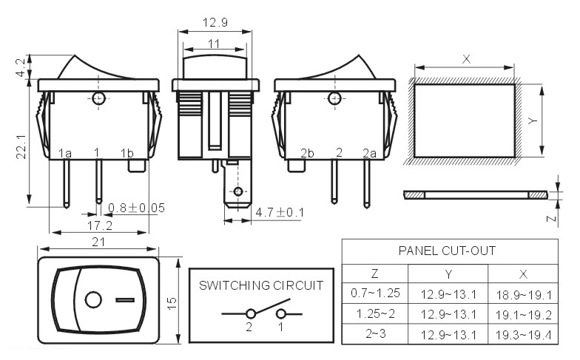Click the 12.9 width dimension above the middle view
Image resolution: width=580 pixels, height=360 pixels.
tap(215, 22)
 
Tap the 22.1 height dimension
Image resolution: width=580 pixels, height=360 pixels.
tap(21, 146)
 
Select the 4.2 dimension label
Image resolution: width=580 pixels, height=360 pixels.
tap(21, 67)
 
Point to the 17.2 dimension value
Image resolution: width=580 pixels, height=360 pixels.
tap(99, 225)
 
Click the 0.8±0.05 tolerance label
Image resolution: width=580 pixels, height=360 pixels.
tap(136, 208)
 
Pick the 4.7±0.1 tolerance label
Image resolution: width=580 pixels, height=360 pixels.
tap(280, 212)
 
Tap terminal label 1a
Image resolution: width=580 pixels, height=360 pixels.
tap(65, 153)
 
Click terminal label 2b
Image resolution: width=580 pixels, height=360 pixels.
tap(307, 153)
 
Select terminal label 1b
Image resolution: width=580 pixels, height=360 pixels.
tap(127, 153)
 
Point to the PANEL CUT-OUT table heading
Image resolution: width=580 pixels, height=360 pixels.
tap(447, 251)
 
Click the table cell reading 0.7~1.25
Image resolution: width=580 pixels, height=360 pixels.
tap(376, 293)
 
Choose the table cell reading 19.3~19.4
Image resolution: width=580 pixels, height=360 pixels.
tap(524, 336)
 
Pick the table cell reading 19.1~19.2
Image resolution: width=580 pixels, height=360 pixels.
tap(524, 315)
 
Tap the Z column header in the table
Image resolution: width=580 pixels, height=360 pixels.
tap(374, 274)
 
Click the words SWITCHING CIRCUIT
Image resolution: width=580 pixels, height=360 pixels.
tap(261, 285)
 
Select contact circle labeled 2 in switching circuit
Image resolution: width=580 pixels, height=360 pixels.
tap(251, 314)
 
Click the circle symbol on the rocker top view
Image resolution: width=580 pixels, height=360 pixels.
tap(93, 300)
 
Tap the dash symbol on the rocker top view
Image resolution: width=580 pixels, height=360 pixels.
tap(125, 300)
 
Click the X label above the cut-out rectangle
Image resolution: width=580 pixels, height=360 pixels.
tap(466, 59)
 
